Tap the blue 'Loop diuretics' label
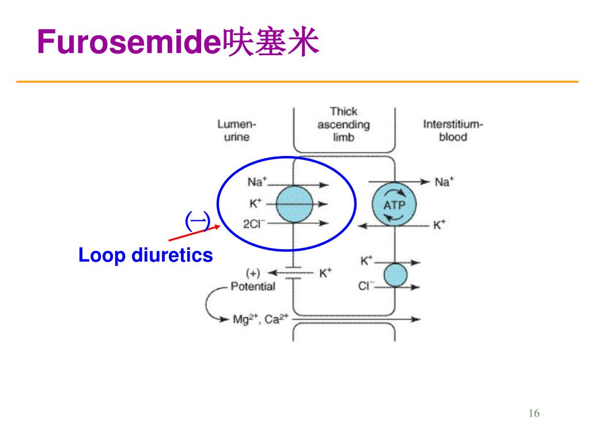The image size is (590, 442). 146,255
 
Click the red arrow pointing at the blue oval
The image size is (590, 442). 195,233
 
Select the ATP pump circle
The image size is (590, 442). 394,204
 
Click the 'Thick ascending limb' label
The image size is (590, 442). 343,124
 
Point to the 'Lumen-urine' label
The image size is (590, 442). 237,130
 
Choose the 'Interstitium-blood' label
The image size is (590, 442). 453,130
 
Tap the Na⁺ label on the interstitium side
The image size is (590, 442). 444,182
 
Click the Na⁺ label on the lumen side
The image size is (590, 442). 257,182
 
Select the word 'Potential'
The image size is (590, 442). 253,287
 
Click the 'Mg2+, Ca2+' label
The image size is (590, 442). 260,319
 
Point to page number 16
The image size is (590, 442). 534,413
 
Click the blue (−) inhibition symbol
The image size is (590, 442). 198,222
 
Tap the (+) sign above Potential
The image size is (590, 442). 253,272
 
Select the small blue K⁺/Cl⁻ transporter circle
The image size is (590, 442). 395,275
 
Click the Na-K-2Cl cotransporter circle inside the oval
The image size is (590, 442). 294,204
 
